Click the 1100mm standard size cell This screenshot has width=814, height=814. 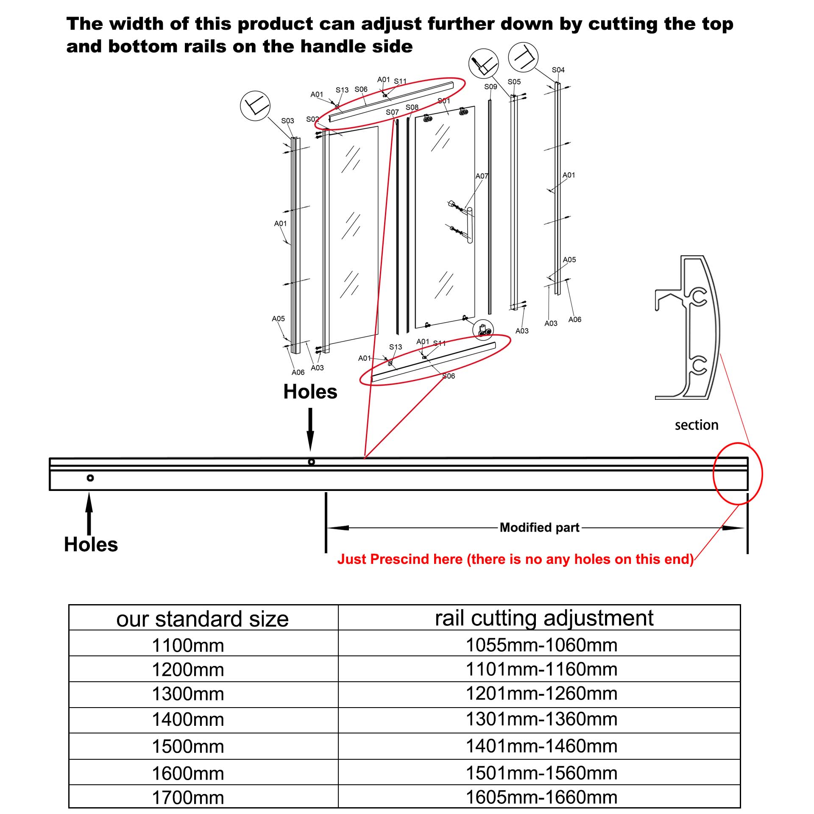(188, 646)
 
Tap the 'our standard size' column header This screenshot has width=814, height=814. (203, 619)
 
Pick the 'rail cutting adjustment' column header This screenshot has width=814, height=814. (544, 618)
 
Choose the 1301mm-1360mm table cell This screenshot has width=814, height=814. (541, 719)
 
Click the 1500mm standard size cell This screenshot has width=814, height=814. (188, 747)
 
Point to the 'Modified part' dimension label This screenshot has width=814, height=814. (539, 527)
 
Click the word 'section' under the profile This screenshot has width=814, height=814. (697, 425)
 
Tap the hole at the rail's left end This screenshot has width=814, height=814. (90, 478)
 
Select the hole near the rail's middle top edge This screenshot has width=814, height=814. (311, 462)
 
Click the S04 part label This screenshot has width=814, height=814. (558, 70)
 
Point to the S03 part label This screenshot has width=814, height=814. (287, 121)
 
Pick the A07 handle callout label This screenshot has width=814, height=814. (482, 176)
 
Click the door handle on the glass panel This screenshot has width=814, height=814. (469, 225)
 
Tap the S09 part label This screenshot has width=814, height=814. (491, 86)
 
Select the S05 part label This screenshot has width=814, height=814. (514, 82)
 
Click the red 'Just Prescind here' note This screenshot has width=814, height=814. (515, 559)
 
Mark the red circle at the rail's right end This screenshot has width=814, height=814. (738, 474)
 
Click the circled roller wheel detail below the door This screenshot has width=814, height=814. (484, 330)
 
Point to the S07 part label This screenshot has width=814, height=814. (392, 112)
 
